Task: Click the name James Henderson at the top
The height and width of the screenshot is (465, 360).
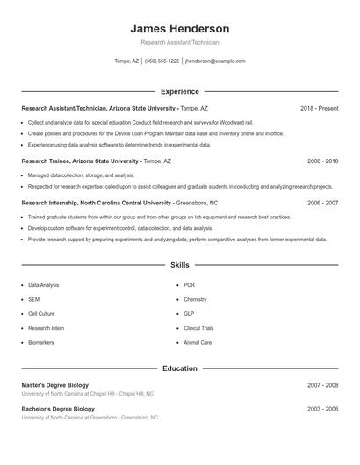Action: [x=180, y=28]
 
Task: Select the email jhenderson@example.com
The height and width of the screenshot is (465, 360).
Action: [x=215, y=61]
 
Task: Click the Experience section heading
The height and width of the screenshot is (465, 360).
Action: [x=180, y=91]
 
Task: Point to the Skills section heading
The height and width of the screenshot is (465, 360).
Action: [x=180, y=264]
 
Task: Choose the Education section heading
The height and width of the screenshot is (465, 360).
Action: [x=180, y=368]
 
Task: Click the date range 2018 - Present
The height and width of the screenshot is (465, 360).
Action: [x=319, y=108]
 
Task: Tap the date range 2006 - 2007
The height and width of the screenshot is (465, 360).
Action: [x=322, y=203]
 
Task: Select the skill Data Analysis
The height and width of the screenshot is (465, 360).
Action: [x=44, y=285]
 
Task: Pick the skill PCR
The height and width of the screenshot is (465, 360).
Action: [x=189, y=285]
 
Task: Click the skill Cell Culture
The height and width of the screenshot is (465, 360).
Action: [x=41, y=314]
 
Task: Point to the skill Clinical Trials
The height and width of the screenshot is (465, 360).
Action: [x=198, y=328]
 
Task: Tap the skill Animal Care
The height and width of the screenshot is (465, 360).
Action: [x=198, y=343]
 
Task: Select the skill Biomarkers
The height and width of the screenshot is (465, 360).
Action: [x=41, y=343]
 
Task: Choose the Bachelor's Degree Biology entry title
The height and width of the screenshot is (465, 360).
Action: [x=58, y=409]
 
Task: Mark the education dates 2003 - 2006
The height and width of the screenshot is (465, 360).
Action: [x=322, y=409]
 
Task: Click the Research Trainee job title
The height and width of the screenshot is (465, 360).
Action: [x=79, y=161]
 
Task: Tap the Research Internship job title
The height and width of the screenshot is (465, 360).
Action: [x=96, y=203]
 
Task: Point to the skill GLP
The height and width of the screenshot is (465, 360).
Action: [x=189, y=314]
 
